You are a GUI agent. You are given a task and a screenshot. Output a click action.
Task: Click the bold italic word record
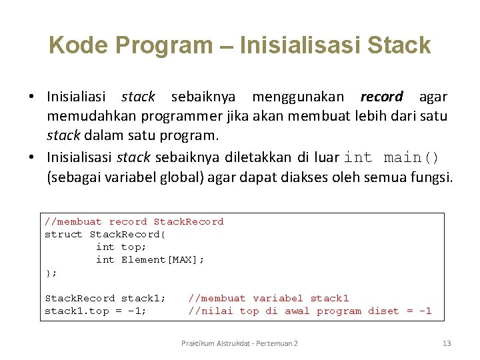[x=381, y=97]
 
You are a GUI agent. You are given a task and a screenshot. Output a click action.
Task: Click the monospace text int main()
[x=392, y=157]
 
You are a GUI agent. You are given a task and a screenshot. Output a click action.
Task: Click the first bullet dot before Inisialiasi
[x=31, y=97]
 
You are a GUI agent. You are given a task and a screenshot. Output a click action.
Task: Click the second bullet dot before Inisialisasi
[x=31, y=158]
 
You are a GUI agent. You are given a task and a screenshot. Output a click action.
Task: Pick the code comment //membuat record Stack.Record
[x=134, y=221]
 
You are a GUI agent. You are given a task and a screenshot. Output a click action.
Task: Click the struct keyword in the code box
[x=63, y=234]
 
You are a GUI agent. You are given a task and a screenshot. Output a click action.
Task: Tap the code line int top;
[x=121, y=247]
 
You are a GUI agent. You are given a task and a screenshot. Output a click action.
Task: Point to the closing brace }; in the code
[x=51, y=272]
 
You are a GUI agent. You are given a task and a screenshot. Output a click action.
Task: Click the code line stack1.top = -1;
[x=96, y=311]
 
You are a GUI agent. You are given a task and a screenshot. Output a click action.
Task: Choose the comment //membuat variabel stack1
[x=269, y=298]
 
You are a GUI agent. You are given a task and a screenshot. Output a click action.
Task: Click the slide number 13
[x=447, y=343]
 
